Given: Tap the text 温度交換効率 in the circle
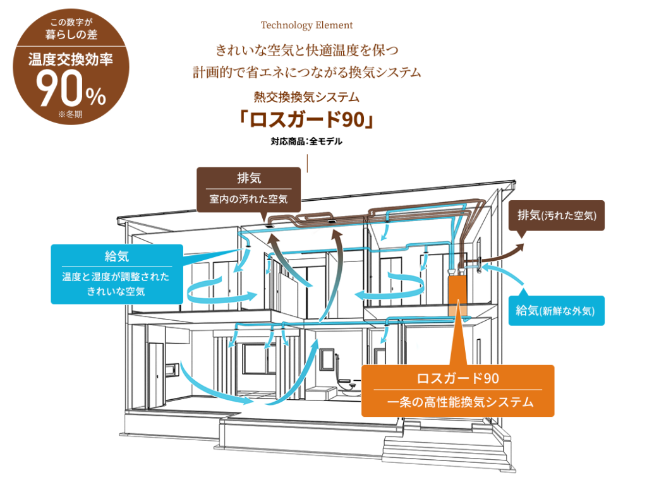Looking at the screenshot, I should (x=71, y=61).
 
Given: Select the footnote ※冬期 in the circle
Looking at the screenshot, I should (x=71, y=115).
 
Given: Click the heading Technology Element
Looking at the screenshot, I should (x=306, y=25).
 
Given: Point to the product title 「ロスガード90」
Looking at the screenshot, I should (x=306, y=119).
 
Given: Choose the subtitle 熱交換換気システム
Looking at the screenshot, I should (x=306, y=97).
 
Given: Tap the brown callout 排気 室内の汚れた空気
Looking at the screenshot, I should (x=248, y=188).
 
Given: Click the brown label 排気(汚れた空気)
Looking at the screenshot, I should (x=557, y=215).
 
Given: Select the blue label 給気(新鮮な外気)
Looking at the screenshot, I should (x=556, y=310).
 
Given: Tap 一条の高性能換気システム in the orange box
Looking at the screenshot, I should (x=457, y=402).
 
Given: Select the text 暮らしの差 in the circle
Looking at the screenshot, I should (x=71, y=35).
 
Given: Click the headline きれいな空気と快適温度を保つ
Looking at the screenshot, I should (x=306, y=49).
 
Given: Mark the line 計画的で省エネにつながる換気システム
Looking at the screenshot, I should (x=306, y=72).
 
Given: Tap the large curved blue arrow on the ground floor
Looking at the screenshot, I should (x=209, y=385).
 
